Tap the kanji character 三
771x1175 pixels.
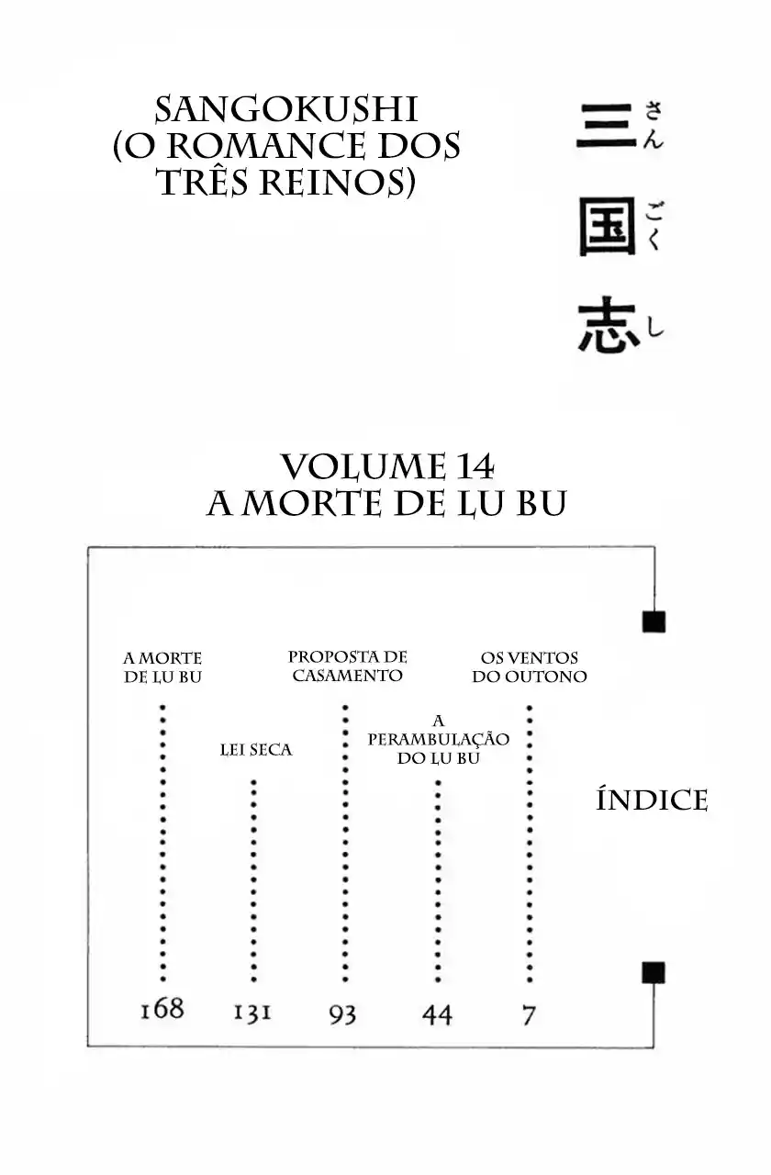pyautogui.click(x=606, y=126)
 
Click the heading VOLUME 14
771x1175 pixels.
pyautogui.click(x=386, y=467)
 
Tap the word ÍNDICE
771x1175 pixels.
pyautogui.click(x=652, y=800)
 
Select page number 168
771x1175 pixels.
pyautogui.click(x=162, y=1009)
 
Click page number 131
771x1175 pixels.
pyautogui.click(x=251, y=1013)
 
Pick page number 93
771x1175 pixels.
pyautogui.click(x=342, y=1014)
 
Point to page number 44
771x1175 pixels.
pyautogui.click(x=437, y=1014)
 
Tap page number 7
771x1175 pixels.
pyautogui.click(x=529, y=1014)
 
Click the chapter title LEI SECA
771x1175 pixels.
pyautogui.click(x=256, y=750)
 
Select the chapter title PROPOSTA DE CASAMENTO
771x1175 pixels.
pyautogui.click(x=347, y=666)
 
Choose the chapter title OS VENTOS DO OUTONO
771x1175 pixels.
pyautogui.click(x=530, y=667)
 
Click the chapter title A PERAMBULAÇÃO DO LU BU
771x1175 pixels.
pyautogui.click(x=438, y=740)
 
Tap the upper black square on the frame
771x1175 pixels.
pyautogui.click(x=654, y=621)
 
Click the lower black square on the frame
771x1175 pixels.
pyautogui.click(x=654, y=972)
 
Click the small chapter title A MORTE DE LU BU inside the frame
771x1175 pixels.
pyautogui.click(x=162, y=667)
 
